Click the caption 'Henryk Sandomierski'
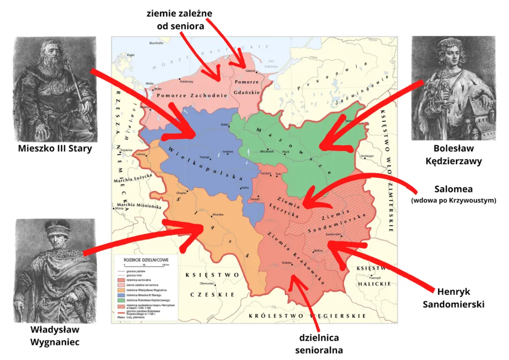pos(453,297)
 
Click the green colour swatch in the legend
pos(119,300)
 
